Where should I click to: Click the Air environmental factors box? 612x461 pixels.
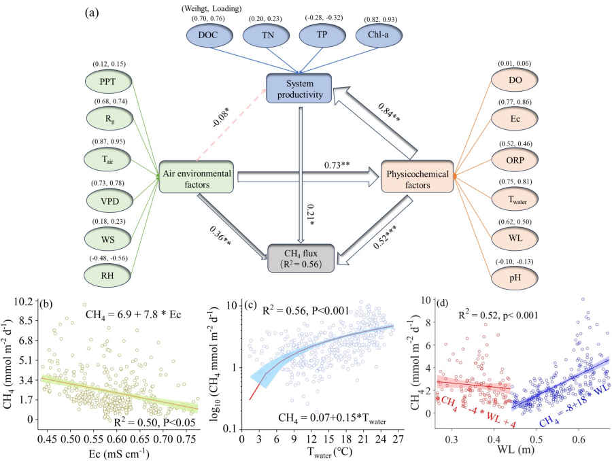(x=197, y=176)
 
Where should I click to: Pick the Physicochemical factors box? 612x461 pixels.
(x=416, y=176)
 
